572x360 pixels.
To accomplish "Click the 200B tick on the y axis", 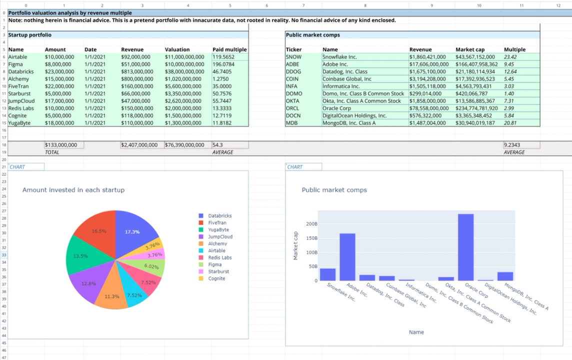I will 311,224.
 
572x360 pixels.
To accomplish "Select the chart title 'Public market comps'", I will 334,190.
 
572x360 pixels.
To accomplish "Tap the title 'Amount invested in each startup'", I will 73,190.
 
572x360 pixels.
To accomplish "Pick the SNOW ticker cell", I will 293,57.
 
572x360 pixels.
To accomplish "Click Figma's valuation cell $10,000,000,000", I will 184,64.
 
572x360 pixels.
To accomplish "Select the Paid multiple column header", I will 229,49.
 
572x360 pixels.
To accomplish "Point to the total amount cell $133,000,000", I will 61,145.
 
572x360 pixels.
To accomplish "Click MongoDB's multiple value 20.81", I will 510,122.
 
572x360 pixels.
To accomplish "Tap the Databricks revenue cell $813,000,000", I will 135,71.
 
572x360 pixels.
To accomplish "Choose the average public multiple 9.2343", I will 512,145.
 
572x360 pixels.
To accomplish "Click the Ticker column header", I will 293,49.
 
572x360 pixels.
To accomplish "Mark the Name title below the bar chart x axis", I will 416,332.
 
